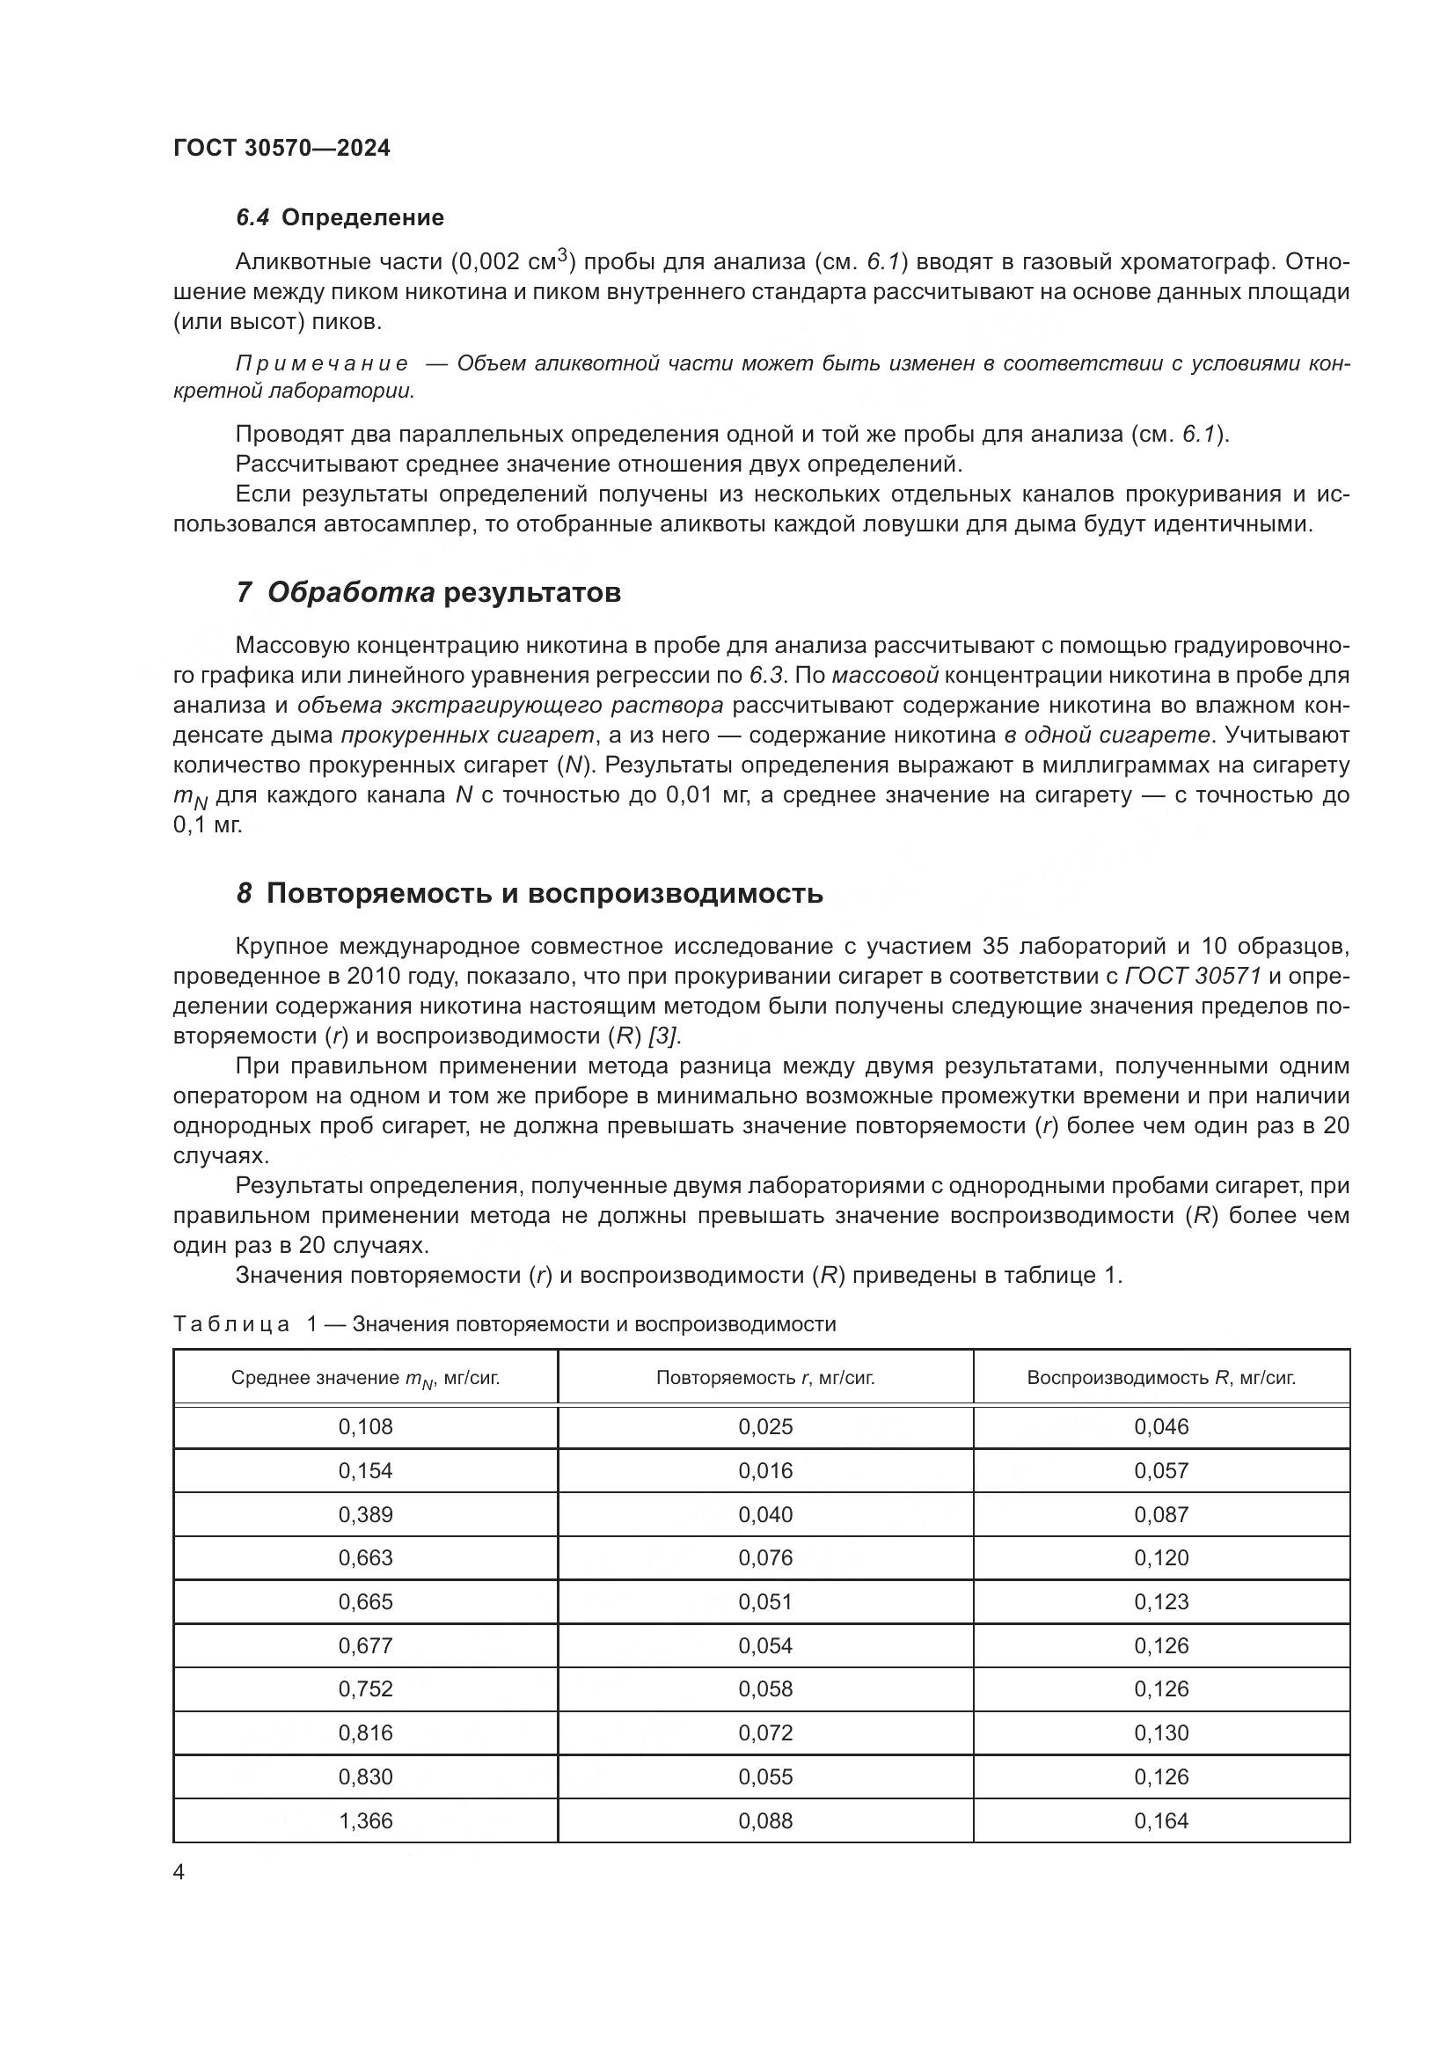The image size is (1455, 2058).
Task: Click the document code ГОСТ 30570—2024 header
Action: (x=281, y=149)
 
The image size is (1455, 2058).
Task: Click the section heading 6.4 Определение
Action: (x=340, y=218)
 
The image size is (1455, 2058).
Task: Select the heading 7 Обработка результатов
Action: (x=428, y=592)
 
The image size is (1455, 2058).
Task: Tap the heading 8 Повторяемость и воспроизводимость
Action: (x=530, y=894)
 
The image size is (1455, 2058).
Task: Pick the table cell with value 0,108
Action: (x=366, y=1427)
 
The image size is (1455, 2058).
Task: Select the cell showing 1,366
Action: (x=366, y=1820)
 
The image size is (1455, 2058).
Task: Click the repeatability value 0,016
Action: (x=765, y=1471)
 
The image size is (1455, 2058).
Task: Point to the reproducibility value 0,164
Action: (x=1161, y=1820)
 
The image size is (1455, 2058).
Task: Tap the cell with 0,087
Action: (x=1161, y=1515)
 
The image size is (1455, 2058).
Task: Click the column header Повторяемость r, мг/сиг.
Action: (x=765, y=1378)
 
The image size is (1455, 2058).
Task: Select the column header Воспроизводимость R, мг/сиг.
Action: (x=1161, y=1378)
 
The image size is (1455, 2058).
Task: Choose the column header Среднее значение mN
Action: (x=366, y=1379)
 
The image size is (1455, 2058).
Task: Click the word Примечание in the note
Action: (x=322, y=364)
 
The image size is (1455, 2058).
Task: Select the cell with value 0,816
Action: (x=366, y=1732)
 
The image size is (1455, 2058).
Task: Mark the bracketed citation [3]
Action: (x=664, y=1036)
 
